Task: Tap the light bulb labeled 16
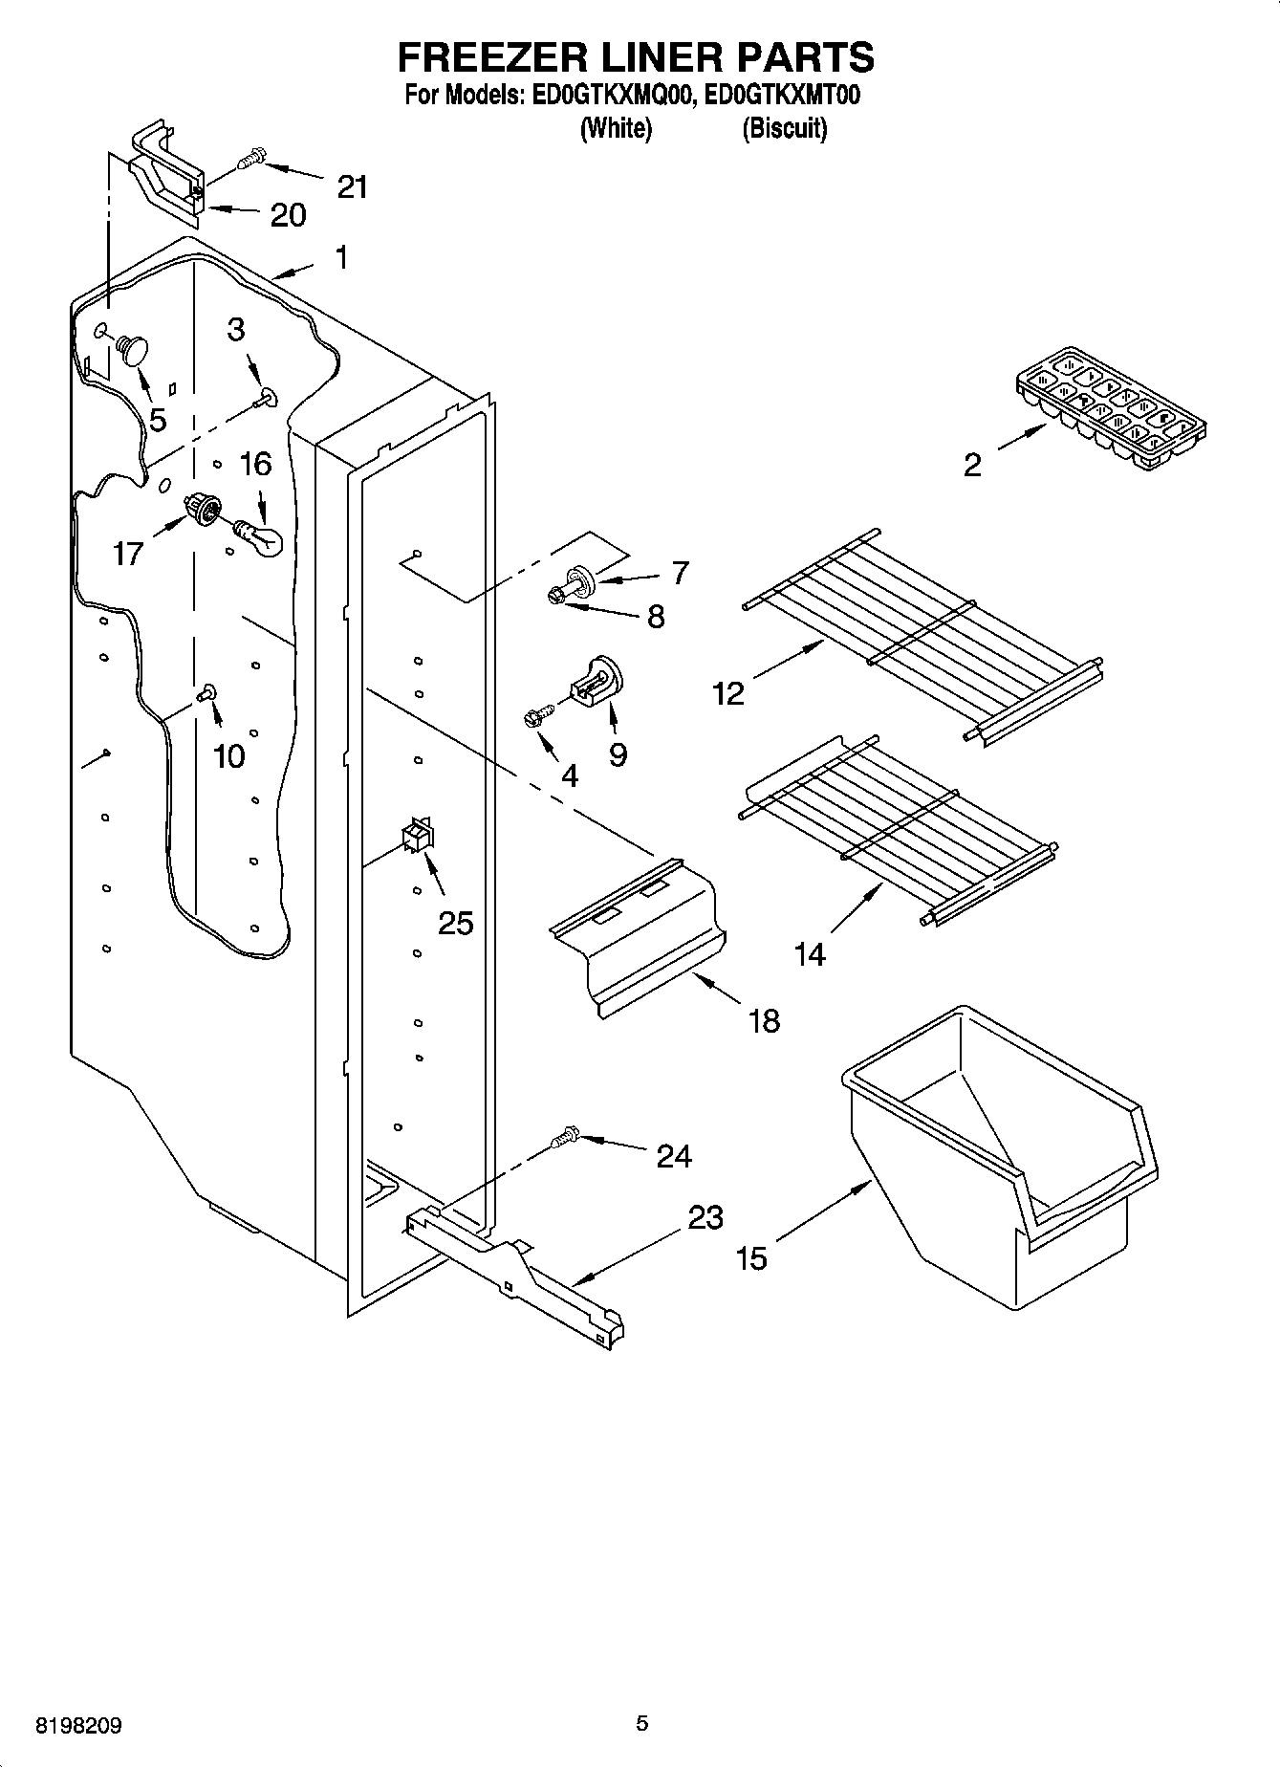pyautogui.click(x=260, y=536)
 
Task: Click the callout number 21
pyautogui.click(x=353, y=186)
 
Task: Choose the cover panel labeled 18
pyautogui.click(x=636, y=932)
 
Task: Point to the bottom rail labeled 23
pyautogui.click(x=516, y=1272)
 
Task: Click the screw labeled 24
pyautogui.click(x=564, y=1136)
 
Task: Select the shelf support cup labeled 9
pyautogui.click(x=597, y=678)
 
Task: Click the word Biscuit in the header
pyautogui.click(x=784, y=128)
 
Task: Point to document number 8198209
pyautogui.click(x=78, y=1727)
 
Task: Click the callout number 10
pyautogui.click(x=229, y=756)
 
